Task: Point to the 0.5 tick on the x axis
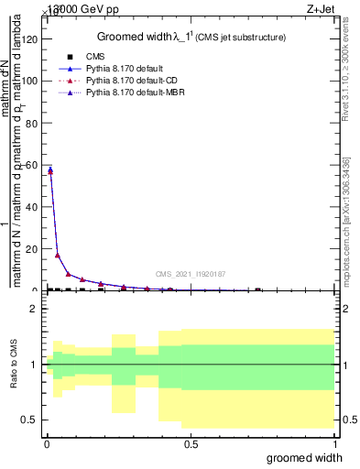click(191, 443)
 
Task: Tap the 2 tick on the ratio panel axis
click(35, 310)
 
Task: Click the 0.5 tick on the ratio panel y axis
click(30, 420)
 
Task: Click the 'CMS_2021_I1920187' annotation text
click(191, 274)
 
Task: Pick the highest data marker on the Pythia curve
click(50, 170)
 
